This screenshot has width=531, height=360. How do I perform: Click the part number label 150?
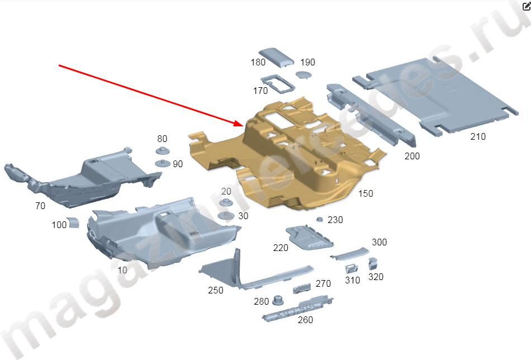[366, 194]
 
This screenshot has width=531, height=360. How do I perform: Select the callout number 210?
[478, 136]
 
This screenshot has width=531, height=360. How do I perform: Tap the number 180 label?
[258, 62]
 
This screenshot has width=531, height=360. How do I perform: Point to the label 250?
[216, 290]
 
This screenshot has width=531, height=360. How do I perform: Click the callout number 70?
[40, 206]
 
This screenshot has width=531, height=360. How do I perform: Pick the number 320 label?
[376, 277]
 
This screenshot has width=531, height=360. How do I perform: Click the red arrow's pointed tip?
[243, 125]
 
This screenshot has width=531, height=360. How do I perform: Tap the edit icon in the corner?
[527, 6]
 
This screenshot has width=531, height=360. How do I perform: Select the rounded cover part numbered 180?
[276, 57]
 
